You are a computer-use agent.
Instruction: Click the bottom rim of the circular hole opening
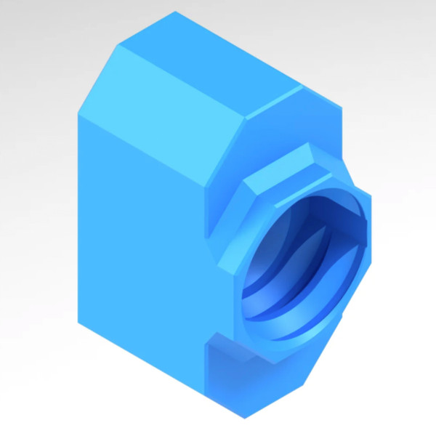click(291, 349)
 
